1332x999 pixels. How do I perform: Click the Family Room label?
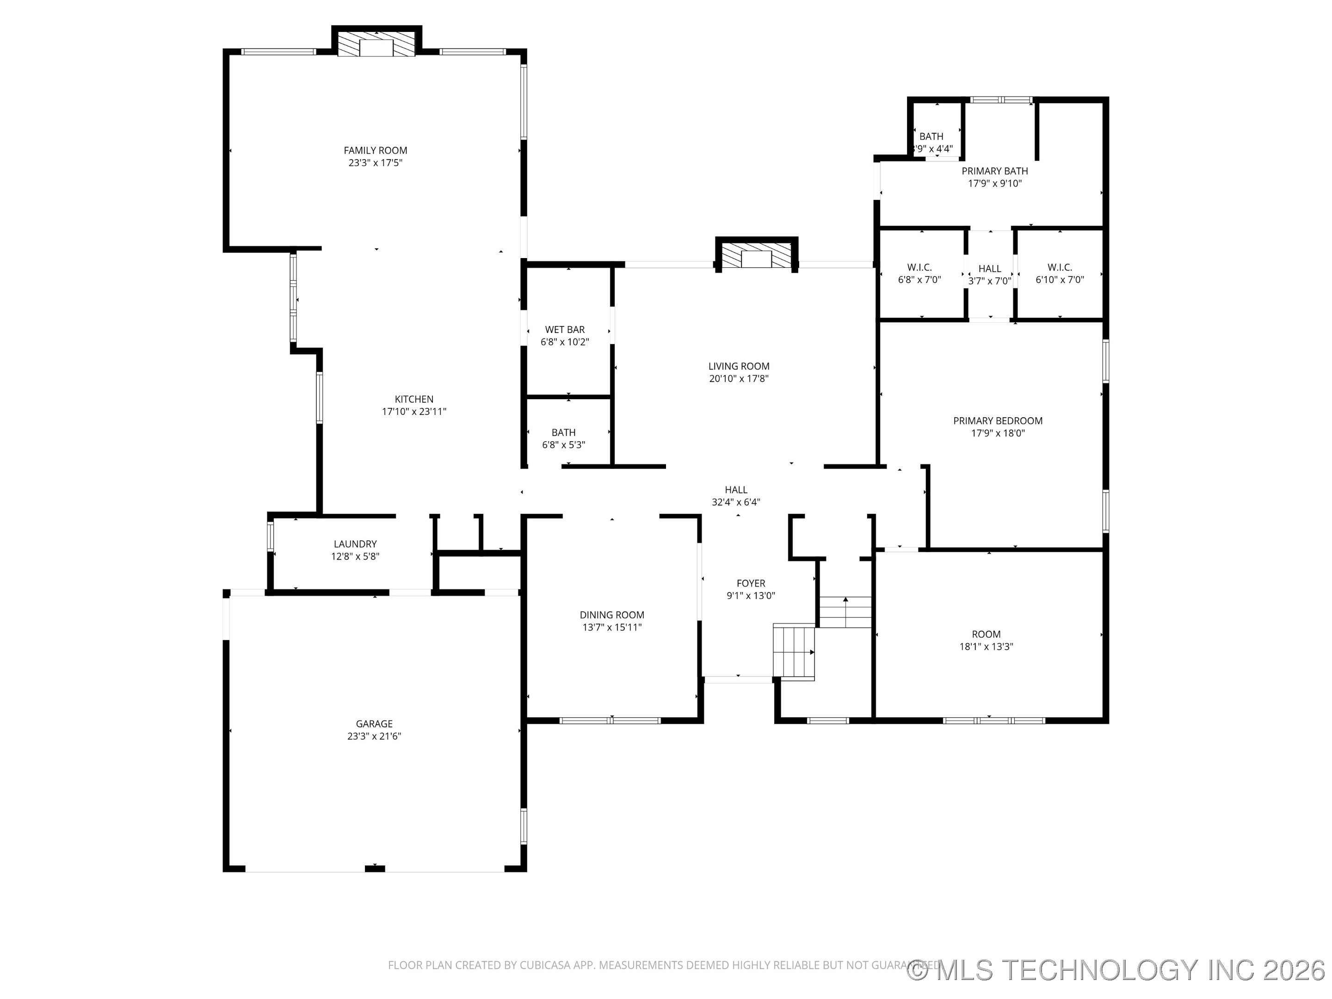tap(375, 150)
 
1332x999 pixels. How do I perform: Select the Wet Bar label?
tap(564, 329)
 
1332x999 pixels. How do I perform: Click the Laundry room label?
tap(355, 544)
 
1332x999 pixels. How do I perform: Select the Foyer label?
tap(750, 583)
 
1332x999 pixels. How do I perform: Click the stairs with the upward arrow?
tap(845, 612)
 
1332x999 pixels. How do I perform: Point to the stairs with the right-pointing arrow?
tap(794, 652)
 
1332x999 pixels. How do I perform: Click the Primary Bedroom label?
tap(997, 421)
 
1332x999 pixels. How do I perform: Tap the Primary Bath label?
tap(994, 171)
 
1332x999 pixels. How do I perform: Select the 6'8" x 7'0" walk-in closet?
tap(919, 274)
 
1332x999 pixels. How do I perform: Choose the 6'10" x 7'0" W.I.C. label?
tap(1059, 267)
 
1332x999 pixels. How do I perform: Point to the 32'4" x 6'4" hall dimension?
tap(736, 502)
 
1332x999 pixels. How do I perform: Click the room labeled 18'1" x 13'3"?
tap(986, 640)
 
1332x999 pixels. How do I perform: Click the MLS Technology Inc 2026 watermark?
tap(1117, 970)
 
